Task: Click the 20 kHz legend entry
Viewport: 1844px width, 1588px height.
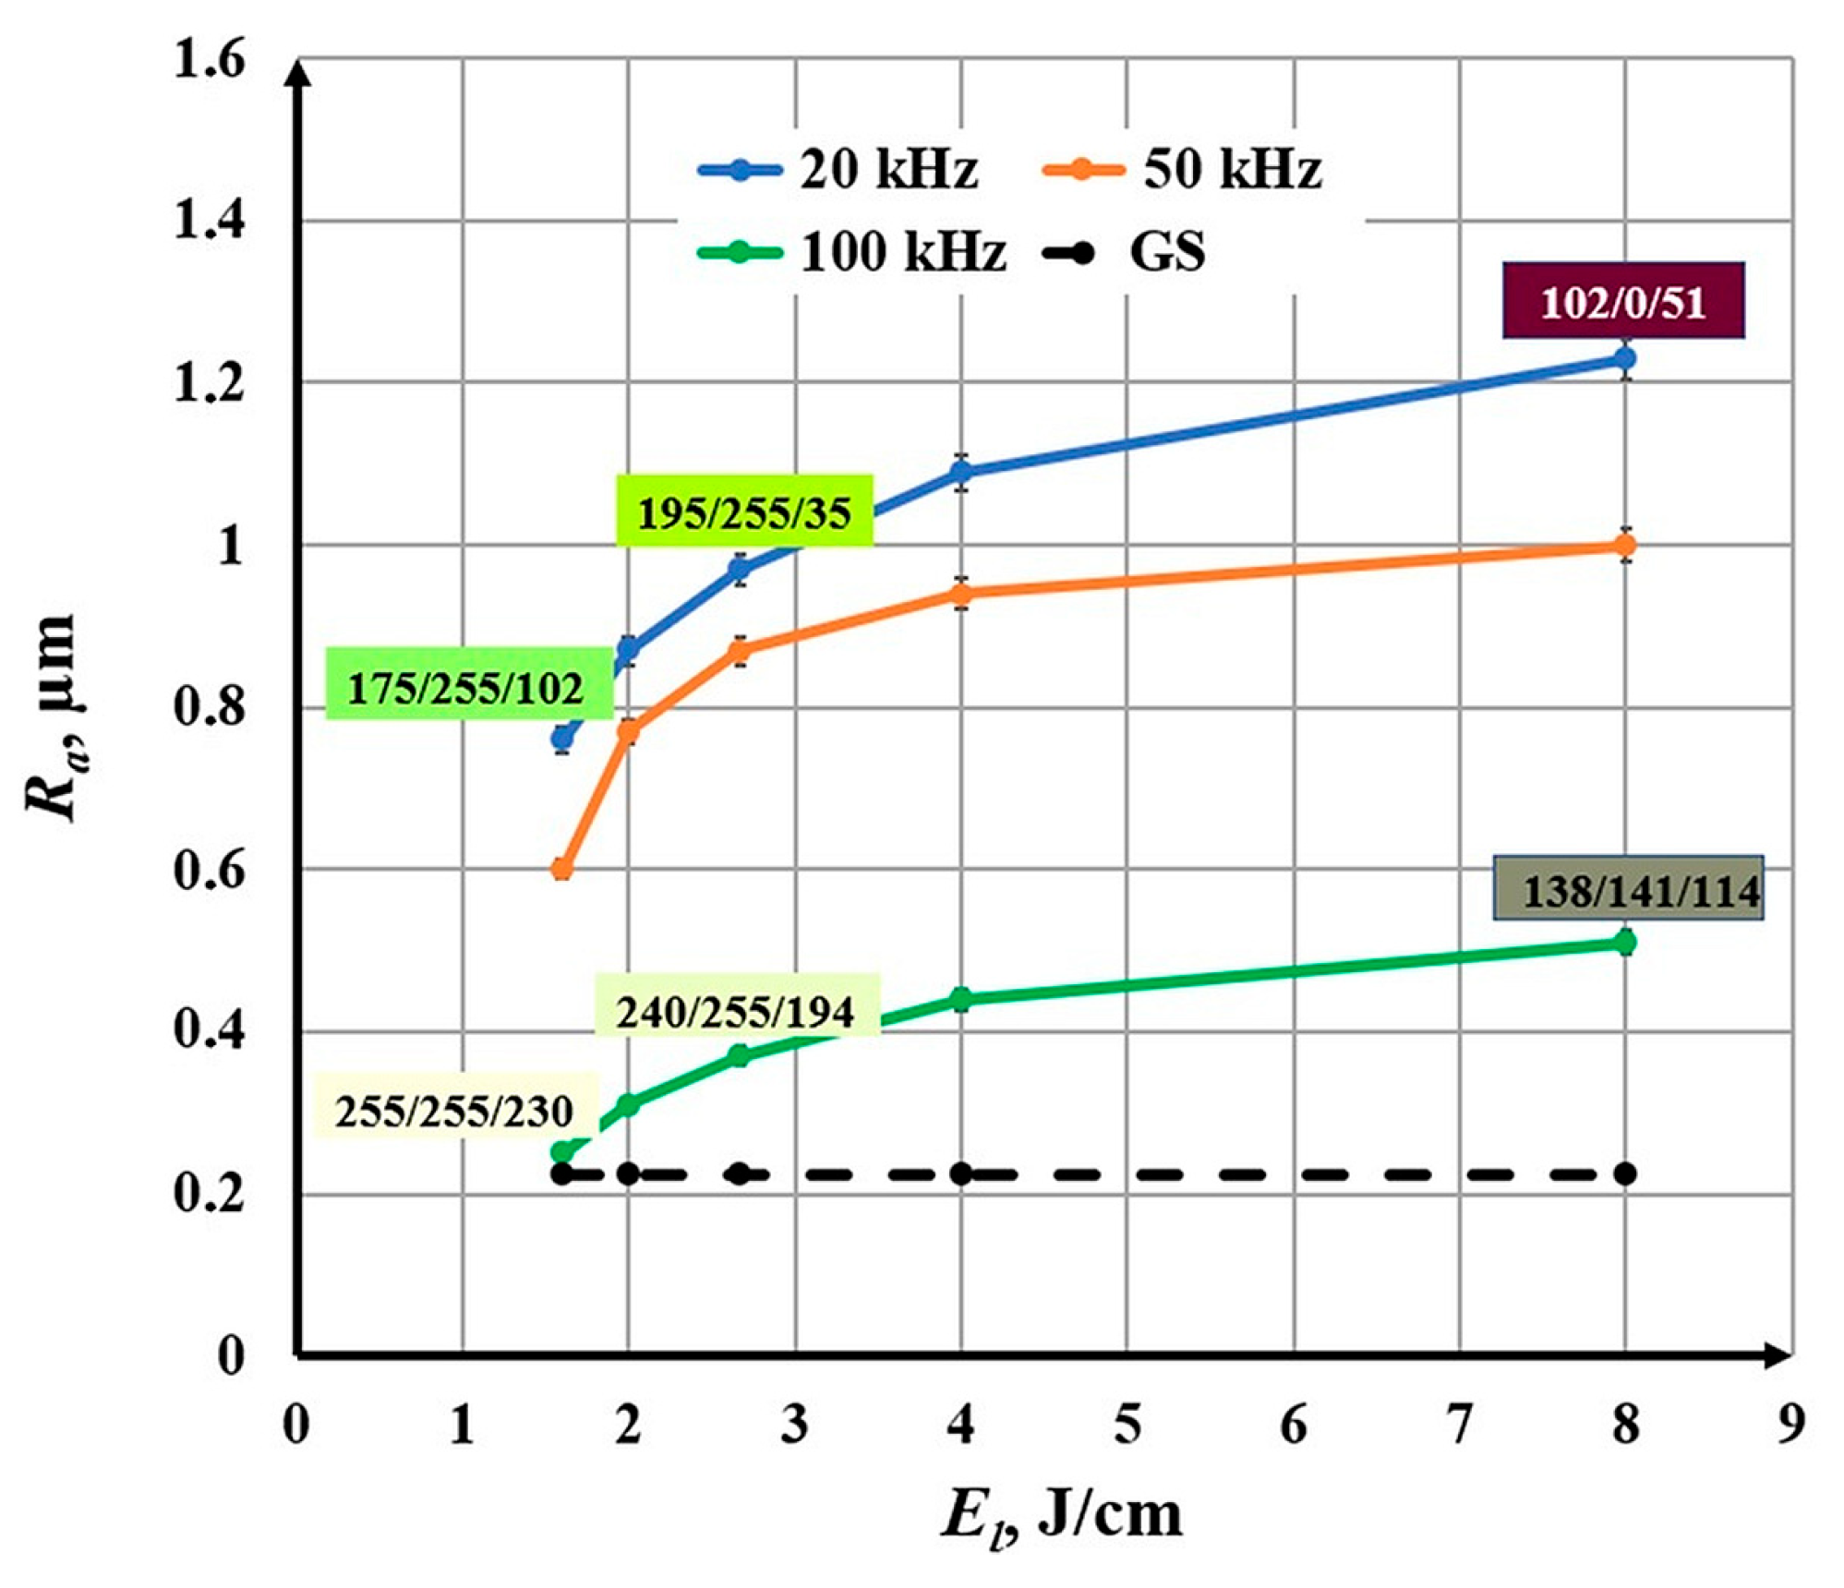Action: pos(836,170)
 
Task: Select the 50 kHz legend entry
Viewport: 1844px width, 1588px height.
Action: pos(1182,170)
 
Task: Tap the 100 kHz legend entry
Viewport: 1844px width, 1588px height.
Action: pos(850,251)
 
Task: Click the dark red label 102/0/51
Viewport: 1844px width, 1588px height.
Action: pos(1622,302)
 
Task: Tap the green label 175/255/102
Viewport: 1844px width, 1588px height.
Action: pos(467,688)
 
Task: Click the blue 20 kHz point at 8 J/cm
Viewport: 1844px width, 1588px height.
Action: pos(1625,358)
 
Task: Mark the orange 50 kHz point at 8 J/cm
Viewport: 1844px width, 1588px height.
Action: pos(1625,546)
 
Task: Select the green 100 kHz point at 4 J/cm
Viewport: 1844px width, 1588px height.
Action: pos(961,999)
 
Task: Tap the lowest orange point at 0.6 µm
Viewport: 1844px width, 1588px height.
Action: pos(561,870)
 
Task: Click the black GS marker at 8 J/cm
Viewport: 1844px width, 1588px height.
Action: pos(1625,1174)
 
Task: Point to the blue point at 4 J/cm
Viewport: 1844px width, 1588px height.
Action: pos(961,472)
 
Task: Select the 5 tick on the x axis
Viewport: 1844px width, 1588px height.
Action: pos(1127,1424)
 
